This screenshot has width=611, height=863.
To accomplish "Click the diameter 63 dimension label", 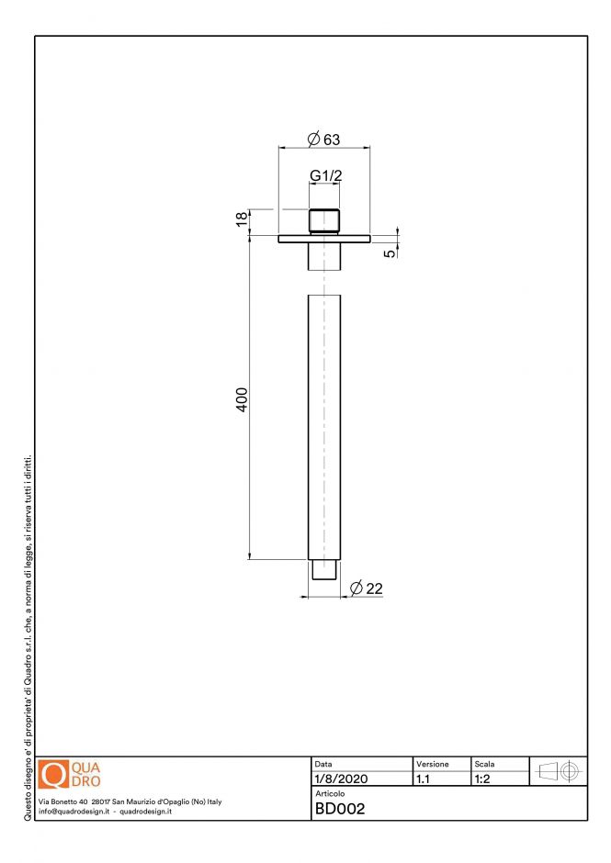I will point(324,140).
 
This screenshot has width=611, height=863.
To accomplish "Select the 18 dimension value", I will point(242,219).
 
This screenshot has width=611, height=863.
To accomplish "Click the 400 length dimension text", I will point(242,400).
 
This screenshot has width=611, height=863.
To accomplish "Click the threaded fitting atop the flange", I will point(323,221).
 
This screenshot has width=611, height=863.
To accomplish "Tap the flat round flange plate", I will point(323,239).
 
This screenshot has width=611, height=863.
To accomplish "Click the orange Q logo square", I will point(53,774).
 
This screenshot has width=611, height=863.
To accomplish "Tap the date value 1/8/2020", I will point(341,779).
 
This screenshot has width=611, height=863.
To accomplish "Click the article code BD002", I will point(340,809).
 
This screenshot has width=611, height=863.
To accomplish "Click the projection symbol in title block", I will point(557,771).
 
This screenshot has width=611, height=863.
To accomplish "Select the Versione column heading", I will point(433,764).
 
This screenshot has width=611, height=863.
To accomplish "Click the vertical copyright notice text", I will point(28,634).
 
